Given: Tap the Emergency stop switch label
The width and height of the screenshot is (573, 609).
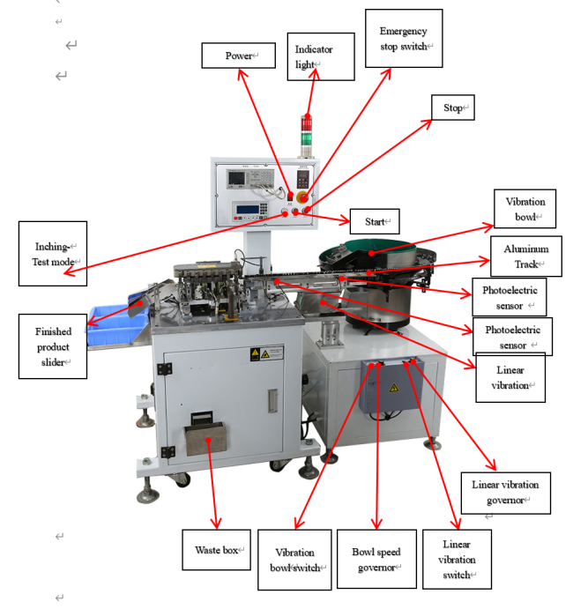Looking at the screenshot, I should (405, 39).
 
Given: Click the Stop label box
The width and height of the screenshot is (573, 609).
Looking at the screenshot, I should (452, 108).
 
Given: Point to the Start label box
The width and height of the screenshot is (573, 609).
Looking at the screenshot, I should (376, 220).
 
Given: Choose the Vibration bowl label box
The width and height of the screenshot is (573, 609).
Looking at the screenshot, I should (525, 208).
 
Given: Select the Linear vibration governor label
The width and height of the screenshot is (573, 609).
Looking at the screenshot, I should (505, 493).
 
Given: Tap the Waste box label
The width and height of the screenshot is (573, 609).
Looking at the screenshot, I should (217, 550).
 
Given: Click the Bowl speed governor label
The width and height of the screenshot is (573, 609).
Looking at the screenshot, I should (376, 559).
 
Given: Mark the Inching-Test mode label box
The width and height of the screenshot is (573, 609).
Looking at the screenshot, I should (53, 253).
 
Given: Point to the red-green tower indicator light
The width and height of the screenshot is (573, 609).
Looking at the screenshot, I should (307, 130).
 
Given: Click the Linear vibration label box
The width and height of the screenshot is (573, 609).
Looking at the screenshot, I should (510, 378).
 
